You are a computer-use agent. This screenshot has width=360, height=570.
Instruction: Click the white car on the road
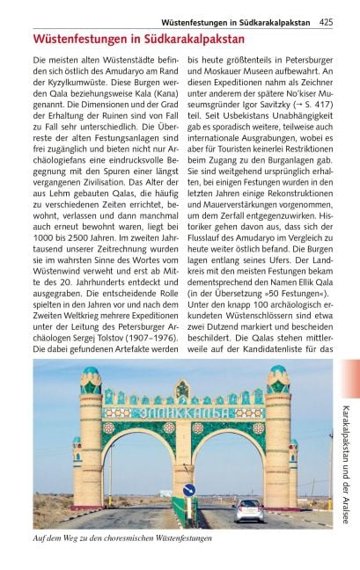(248, 509)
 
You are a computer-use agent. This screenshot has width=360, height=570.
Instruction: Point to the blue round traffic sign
(188, 491)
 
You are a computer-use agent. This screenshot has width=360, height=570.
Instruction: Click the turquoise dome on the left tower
(91, 372)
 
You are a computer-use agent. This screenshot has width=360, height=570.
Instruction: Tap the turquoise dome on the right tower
(278, 372)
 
